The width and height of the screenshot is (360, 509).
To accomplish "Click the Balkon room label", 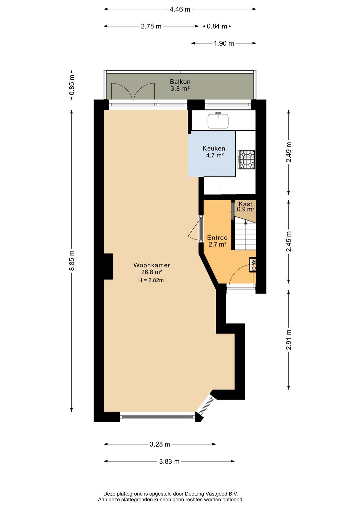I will click(180, 85).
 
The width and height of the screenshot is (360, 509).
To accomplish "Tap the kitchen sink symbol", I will click(218, 121).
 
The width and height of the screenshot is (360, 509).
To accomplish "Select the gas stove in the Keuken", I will click(246, 159).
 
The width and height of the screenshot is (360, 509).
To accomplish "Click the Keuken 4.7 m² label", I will click(214, 152).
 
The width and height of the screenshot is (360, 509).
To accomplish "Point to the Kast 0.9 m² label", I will click(246, 206).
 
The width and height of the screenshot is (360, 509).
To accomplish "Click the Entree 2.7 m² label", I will click(217, 241).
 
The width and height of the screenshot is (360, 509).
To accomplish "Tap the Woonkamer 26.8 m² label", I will click(152, 269).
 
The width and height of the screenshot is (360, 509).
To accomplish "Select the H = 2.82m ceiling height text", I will click(151, 281).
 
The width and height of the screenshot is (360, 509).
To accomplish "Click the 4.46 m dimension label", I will click(180, 9).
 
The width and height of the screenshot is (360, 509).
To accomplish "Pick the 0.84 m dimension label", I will click(217, 26).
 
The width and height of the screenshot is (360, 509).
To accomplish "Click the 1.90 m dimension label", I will click(224, 43).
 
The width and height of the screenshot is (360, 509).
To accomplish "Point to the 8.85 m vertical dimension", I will click(72, 261).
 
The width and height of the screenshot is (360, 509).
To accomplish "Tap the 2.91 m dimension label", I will click(289, 340).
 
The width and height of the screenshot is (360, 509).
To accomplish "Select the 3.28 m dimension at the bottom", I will click(160, 444).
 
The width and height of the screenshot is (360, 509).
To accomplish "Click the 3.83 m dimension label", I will click(169, 462).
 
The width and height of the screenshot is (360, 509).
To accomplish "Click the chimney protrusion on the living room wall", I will click(108, 266).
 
